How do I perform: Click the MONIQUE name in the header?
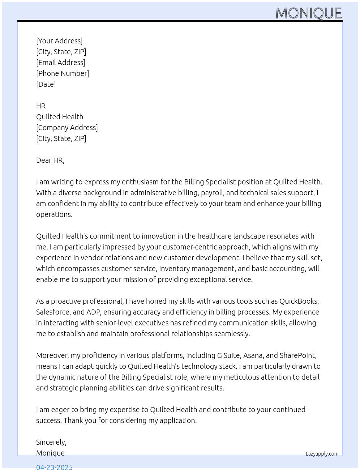[308, 13]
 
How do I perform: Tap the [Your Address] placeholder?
[59, 41]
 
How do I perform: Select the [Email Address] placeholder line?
[61, 63]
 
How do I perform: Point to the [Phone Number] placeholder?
[63, 73]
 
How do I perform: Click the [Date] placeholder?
[46, 84]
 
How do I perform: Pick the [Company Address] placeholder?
[67, 128]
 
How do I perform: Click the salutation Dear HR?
[50, 160]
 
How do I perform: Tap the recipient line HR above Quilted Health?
[41, 106]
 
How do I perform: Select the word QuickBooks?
[299, 301]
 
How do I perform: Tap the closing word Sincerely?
[51, 442]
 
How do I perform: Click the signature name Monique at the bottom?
[50, 453]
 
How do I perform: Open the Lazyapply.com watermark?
[322, 454]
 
